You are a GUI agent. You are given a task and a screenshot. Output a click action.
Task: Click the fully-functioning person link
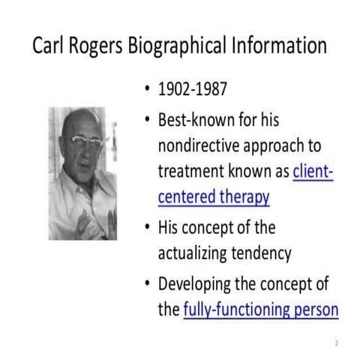260,309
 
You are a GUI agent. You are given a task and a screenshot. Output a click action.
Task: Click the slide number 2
335,343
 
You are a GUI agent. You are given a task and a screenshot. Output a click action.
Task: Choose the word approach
284,146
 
